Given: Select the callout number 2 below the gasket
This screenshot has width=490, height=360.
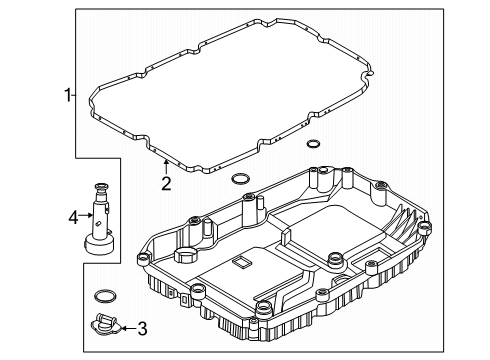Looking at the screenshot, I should click(166, 183).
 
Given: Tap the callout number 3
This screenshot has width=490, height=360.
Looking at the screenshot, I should click(142, 327).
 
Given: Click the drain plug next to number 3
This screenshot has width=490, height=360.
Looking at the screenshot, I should click(103, 325).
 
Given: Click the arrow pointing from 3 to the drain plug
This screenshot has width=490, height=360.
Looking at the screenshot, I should click(126, 327).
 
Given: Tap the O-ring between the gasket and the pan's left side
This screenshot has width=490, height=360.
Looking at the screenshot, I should click(240, 180).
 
